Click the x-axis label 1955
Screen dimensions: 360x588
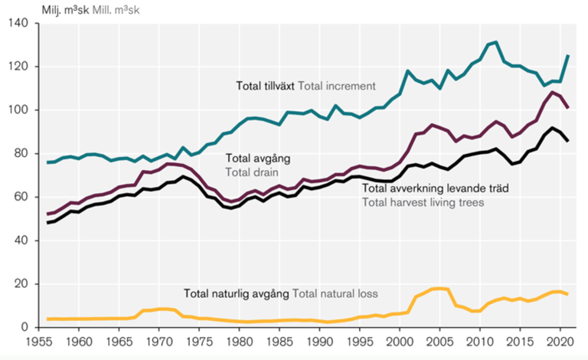(x=40, y=343)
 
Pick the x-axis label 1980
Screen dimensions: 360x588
(x=238, y=343)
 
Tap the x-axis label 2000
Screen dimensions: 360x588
(x=399, y=343)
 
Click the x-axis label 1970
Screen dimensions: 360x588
(x=158, y=343)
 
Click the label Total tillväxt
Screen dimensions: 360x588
(x=264, y=85)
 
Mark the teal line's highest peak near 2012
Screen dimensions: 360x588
(x=496, y=42)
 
